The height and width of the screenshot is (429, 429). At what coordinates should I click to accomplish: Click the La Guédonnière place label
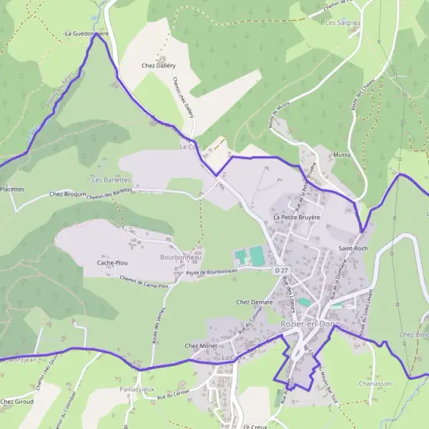87,33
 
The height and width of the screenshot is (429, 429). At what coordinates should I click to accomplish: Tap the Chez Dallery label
159,65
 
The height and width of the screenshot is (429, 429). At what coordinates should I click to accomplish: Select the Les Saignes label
342,23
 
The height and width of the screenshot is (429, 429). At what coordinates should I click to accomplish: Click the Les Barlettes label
112,180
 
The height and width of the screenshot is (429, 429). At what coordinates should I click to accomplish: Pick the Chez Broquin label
67,194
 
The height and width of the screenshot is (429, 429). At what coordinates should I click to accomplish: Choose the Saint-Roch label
352,248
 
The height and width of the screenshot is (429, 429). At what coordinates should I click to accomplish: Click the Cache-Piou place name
112,262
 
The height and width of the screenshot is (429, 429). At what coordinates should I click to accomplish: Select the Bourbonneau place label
182,257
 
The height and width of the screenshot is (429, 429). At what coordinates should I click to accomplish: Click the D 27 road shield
281,270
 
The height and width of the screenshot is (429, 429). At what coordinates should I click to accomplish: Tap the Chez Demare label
255,302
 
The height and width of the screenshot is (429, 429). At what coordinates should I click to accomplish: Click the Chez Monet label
201,346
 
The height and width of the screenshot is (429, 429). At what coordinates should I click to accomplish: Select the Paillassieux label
137,388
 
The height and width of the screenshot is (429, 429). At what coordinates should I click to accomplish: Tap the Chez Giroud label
16,402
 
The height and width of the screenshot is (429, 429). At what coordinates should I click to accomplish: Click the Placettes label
11,189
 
